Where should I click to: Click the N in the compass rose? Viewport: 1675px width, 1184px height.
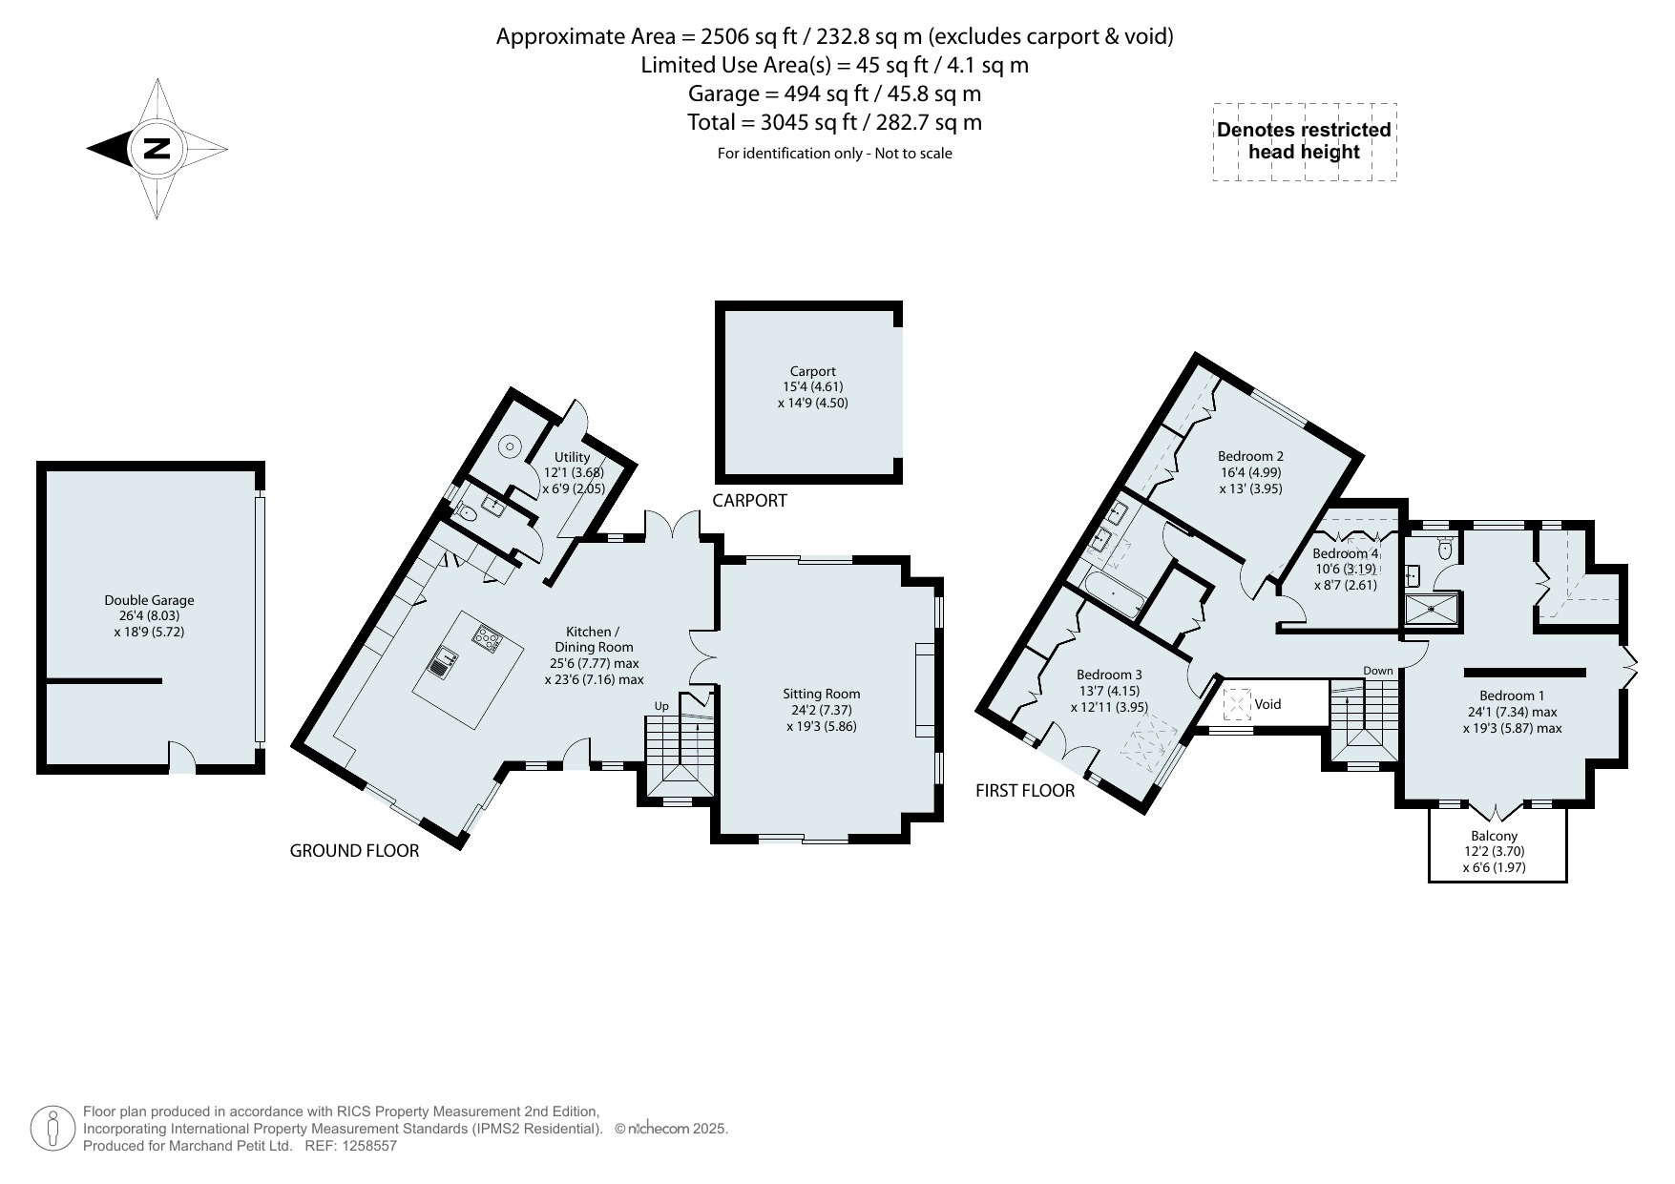click(157, 149)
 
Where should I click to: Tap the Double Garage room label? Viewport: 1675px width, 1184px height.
click(149, 600)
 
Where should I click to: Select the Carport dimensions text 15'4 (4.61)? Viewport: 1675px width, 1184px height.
click(812, 386)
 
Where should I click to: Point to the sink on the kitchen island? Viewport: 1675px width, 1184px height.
click(443, 661)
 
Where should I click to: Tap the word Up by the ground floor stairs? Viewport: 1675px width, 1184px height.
click(661, 706)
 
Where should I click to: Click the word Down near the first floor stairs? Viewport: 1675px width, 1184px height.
click(1377, 671)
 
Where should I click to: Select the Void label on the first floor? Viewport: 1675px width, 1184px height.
click(1267, 704)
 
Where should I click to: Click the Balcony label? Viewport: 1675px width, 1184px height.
click(1494, 836)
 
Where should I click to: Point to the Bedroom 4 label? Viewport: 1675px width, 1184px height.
click(1345, 553)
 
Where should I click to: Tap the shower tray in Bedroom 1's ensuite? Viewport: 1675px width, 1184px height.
click(1431, 612)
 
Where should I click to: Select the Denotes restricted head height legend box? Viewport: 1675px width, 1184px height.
click(1304, 141)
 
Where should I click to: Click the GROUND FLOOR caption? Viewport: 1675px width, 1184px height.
click(354, 851)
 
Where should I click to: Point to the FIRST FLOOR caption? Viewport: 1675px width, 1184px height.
click(1025, 791)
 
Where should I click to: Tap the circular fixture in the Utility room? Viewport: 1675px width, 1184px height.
click(512, 446)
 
